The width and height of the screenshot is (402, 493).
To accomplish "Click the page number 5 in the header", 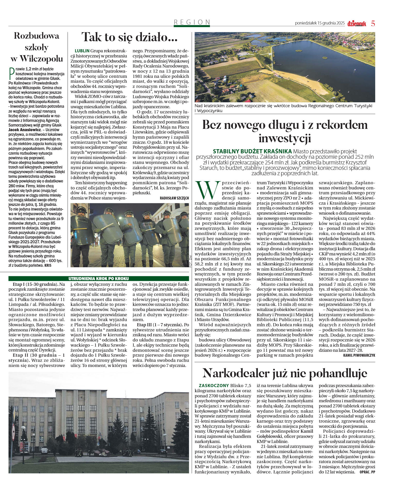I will click(x=373, y=23).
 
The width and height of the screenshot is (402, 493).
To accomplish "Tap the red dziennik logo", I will click(x=356, y=24).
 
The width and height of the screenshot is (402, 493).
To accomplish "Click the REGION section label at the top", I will click(x=192, y=22).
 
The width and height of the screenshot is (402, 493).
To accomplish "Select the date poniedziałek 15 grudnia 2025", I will click(x=320, y=23).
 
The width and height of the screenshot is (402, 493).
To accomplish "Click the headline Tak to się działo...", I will click(x=130, y=38).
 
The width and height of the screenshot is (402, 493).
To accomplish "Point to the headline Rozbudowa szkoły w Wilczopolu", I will click(x=37, y=47).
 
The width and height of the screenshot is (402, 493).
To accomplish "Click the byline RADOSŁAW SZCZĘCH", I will click(x=174, y=198).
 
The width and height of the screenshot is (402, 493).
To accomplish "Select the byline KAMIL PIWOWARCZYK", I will click(x=359, y=355).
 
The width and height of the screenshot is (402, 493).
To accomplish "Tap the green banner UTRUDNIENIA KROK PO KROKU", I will click(x=99, y=278).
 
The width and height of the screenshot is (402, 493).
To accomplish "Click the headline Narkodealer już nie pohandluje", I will click(x=285, y=373).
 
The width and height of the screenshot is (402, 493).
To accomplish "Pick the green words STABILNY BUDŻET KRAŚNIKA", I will click(x=252, y=151).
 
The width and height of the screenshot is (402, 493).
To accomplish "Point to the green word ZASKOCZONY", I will click(x=214, y=386).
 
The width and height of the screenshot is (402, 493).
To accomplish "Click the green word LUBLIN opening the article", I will click(x=82, y=51).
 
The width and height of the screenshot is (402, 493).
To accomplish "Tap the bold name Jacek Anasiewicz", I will click(x=25, y=130).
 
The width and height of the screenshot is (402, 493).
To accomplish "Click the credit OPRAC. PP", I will click(x=367, y=472).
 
